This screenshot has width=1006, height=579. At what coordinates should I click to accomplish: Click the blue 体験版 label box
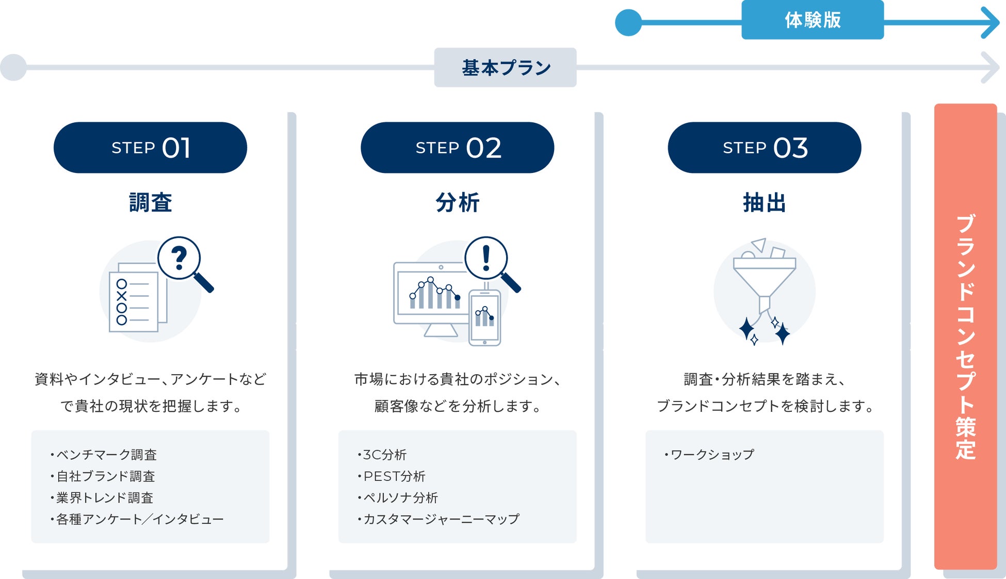[x=812, y=20]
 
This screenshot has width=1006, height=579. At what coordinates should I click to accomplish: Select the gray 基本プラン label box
[x=505, y=68]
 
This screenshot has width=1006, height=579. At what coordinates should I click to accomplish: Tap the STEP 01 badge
[x=150, y=148]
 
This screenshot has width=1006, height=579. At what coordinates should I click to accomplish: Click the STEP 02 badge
[x=457, y=148]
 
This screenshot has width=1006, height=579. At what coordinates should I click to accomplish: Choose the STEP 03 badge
[x=764, y=148]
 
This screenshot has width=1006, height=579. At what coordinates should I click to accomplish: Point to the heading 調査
[x=150, y=202]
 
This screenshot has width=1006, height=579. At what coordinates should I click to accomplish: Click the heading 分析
[x=457, y=202]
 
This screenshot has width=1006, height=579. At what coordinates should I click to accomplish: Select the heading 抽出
[x=764, y=202]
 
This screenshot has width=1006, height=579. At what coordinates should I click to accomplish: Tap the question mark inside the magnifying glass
[x=179, y=258]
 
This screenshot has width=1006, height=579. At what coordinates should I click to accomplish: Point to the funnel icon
[x=764, y=281]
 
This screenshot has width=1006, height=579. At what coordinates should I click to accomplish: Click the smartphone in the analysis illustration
[x=484, y=317]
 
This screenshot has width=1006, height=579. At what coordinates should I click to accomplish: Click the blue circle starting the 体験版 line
[x=628, y=23]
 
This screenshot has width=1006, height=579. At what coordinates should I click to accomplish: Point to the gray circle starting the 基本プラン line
[x=13, y=68]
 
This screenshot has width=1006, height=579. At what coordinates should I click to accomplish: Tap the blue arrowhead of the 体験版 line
[x=991, y=23]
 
